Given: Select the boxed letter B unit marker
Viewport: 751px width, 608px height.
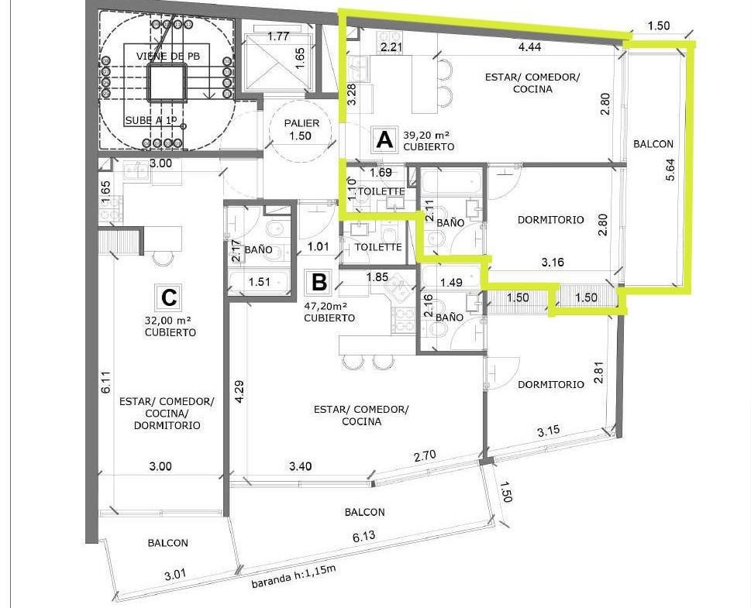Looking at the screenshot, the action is pos(319,282).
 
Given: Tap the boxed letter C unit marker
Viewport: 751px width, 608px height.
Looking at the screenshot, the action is pos(169,297).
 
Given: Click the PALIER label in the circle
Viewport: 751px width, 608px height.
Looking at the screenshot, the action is pos(301,123).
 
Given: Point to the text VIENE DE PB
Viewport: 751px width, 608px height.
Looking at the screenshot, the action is pos(168,56).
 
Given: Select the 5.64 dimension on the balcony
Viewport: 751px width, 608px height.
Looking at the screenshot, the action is pos(670,169).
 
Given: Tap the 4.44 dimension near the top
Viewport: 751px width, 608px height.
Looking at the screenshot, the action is pos(529,46).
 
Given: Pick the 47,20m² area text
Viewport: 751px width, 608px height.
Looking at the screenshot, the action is pos(326,305).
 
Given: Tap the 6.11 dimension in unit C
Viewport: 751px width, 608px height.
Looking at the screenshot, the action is pos(105,383).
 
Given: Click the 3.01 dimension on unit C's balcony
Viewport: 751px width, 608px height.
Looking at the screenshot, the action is pos(175,575).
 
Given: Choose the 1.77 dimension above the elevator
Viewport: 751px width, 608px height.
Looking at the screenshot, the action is pos(277,36).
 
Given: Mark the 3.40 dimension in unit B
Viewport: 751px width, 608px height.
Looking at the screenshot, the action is pos(300,466).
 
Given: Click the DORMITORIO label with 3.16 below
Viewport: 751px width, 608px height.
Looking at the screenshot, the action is pos(551,220).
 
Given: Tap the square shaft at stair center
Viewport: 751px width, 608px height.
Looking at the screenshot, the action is pos(166,84).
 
